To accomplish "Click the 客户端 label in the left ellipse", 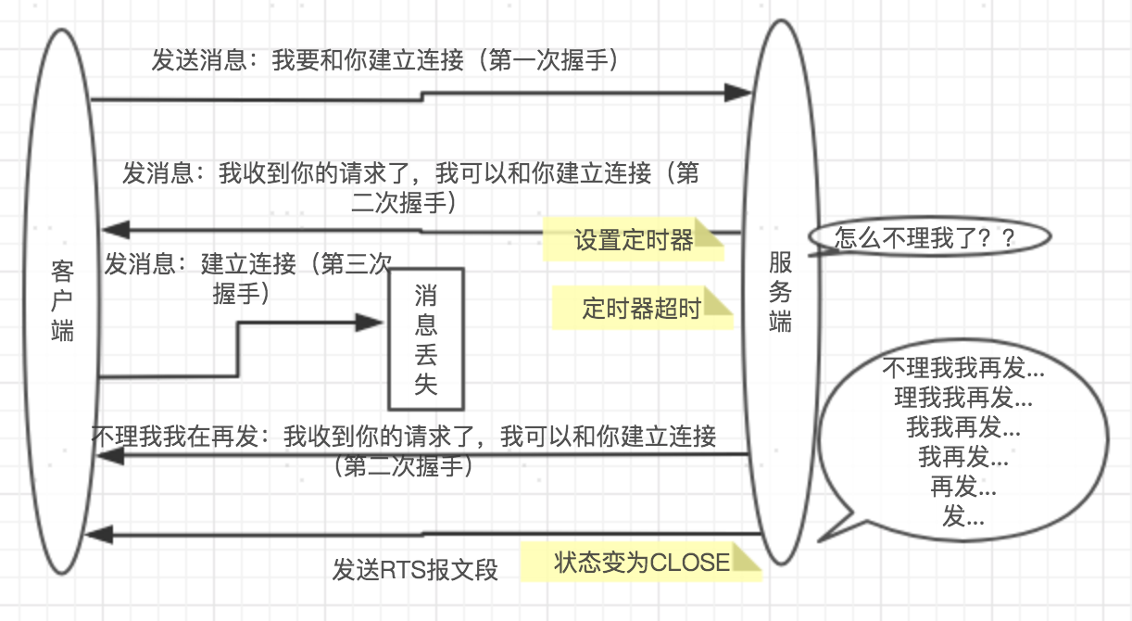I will (62, 301).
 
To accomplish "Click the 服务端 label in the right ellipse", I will (780, 294).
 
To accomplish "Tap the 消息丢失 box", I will (425, 339).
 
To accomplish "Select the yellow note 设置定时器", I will (633, 241).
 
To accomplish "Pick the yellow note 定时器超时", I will (641, 308).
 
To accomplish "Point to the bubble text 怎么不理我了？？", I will (925, 237).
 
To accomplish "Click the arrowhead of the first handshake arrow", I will (738, 92).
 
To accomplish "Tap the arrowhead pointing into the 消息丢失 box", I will (371, 323).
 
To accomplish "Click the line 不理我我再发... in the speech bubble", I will (963, 368).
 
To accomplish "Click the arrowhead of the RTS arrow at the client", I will (98, 534).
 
